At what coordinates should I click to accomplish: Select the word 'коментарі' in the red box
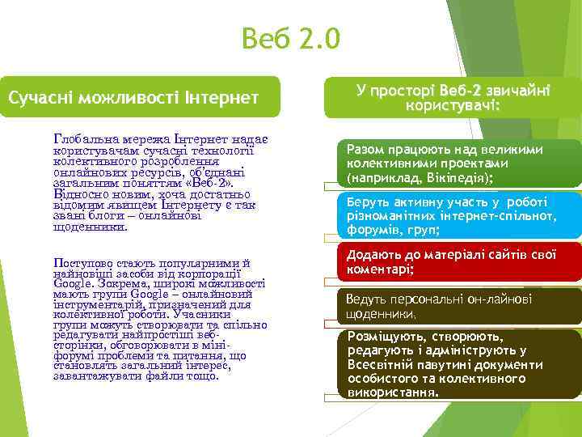[x=379, y=269]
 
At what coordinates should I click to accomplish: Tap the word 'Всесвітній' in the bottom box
[x=383, y=364]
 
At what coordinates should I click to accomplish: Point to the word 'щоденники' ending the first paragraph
[x=90, y=227]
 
